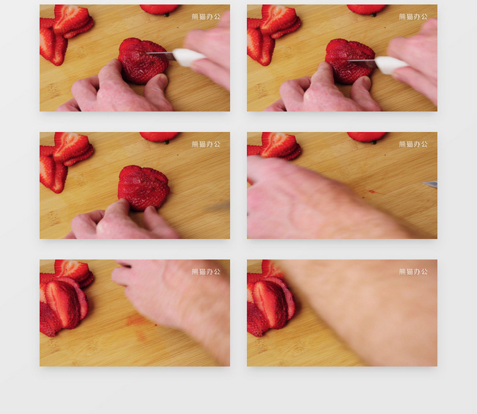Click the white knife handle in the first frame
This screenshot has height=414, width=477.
[188, 57]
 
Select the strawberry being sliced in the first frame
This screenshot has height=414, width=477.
[143, 60]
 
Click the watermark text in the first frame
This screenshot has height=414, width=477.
[206, 16]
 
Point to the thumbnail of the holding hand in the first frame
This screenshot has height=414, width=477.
[163, 79]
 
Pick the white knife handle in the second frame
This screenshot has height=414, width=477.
[391, 65]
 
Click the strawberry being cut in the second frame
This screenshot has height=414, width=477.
[350, 61]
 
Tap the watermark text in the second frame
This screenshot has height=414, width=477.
[413, 16]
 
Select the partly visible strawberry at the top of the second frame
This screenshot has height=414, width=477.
[366, 9]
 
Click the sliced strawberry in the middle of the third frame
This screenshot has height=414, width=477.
[144, 187]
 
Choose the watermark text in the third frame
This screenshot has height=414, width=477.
[206, 144]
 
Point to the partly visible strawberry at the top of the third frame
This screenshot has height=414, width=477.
[159, 137]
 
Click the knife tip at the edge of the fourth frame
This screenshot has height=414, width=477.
[423, 183]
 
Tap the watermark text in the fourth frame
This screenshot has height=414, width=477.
[413, 144]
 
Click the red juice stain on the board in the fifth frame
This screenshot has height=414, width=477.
[138, 322]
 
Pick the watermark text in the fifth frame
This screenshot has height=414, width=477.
[206, 272]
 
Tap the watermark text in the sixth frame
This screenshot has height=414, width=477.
[413, 272]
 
